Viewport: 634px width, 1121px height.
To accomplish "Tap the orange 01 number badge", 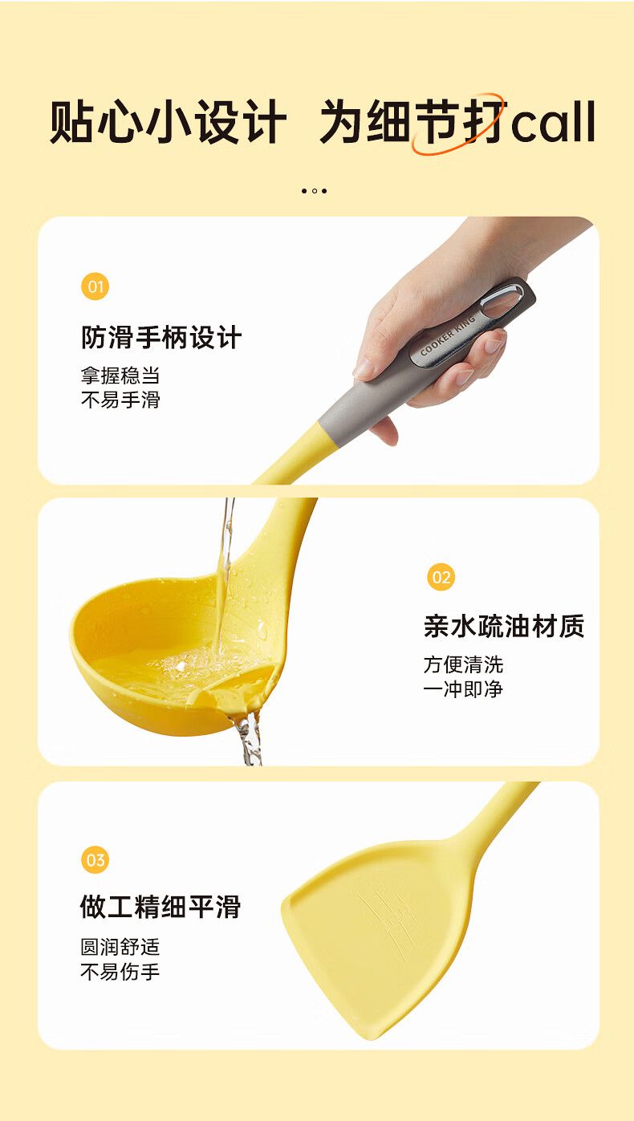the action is [x=95, y=286].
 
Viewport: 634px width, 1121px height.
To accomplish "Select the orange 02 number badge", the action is [x=441, y=576].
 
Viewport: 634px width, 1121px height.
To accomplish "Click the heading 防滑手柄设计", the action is [x=161, y=337].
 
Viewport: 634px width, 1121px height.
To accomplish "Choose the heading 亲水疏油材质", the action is [x=504, y=626].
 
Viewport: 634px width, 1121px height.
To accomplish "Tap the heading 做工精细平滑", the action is [x=161, y=907].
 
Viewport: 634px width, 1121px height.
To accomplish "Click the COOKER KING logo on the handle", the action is [x=447, y=335].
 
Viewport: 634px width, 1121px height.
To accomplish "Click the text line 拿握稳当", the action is [x=120, y=376].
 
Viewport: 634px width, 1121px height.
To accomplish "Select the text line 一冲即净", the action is [x=463, y=689].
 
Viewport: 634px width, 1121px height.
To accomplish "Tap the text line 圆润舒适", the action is [x=120, y=947].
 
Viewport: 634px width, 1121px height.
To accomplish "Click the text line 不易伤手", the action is [x=120, y=972].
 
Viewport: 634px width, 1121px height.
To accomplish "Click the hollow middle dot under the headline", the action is [x=315, y=191].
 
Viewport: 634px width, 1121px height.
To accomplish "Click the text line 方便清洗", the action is [x=463, y=664].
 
